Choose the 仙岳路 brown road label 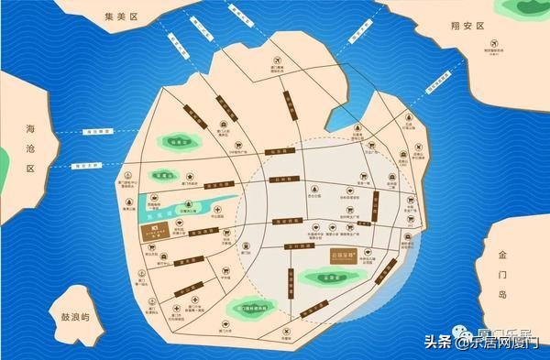tap(272, 152)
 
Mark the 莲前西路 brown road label tap(287, 221)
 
